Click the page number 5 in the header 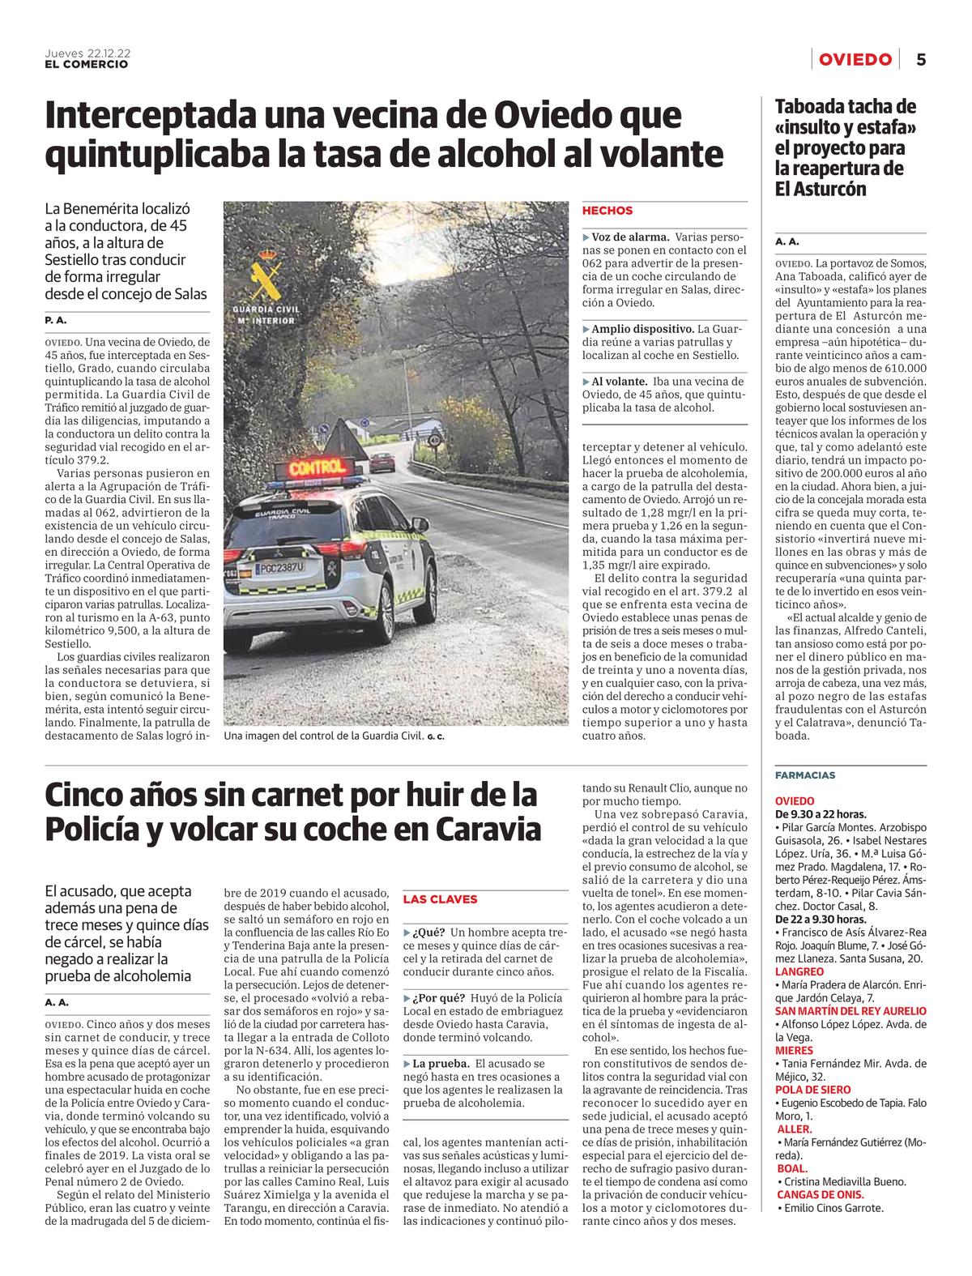921,59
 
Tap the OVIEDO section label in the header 855,59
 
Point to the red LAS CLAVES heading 440,899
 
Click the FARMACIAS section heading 805,775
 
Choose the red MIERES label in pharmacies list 794,1050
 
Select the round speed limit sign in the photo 435,442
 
